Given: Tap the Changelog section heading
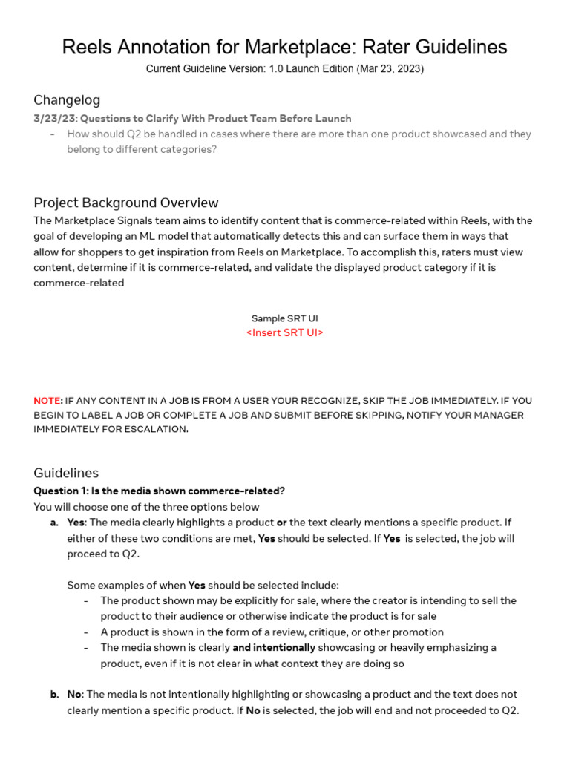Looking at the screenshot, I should [67, 100].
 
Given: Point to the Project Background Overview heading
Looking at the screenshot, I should [126, 203].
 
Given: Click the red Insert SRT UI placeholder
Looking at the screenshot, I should [285, 332].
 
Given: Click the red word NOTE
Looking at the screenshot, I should [47, 401].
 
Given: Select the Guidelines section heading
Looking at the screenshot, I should [66, 473].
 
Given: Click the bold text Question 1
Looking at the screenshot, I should [61, 491].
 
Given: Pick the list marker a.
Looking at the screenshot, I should [54, 522].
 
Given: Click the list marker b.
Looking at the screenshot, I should [54, 695].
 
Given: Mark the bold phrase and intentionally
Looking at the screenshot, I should [274, 648].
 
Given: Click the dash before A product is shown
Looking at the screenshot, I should [87, 632].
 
